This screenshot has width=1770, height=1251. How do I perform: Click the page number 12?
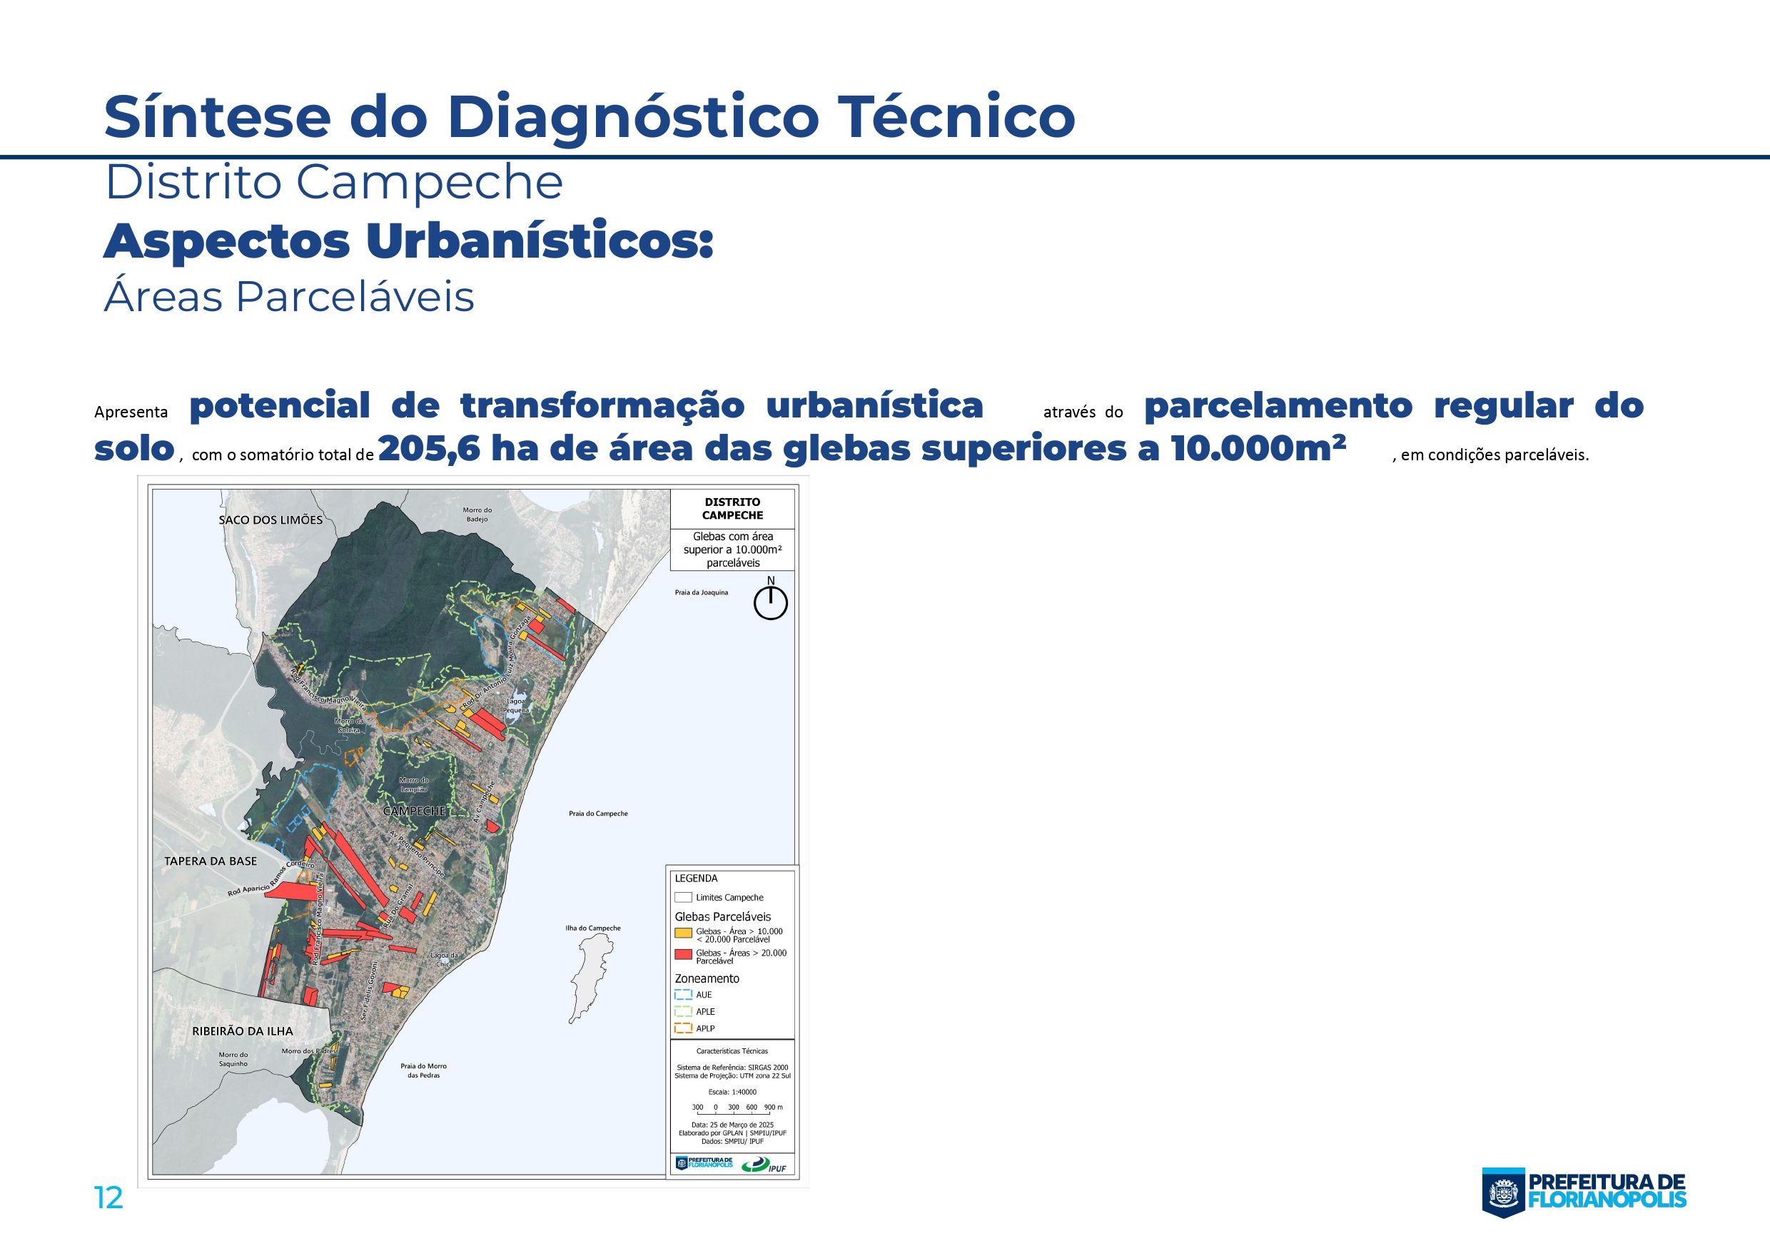(x=108, y=1197)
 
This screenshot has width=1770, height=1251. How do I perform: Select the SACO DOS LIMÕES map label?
(x=270, y=520)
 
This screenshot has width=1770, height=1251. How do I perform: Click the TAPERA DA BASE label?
(x=211, y=861)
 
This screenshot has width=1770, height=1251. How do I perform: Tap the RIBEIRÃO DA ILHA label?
(x=243, y=1030)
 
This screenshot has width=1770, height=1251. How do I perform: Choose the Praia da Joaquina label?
(x=702, y=593)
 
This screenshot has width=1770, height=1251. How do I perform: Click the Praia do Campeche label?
(x=598, y=814)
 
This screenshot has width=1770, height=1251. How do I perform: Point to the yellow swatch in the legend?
(x=683, y=933)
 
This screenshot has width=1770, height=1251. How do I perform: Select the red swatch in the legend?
(x=683, y=955)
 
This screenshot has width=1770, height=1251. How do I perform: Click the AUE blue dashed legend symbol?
(x=683, y=994)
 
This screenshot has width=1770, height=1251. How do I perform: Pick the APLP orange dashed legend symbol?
(x=683, y=1028)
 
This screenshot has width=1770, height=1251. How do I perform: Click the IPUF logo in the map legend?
(x=764, y=1165)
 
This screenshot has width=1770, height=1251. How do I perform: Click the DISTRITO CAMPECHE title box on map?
(x=732, y=509)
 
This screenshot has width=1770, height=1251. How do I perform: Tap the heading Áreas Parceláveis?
(x=289, y=297)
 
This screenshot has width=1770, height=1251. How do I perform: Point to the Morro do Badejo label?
(x=477, y=514)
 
